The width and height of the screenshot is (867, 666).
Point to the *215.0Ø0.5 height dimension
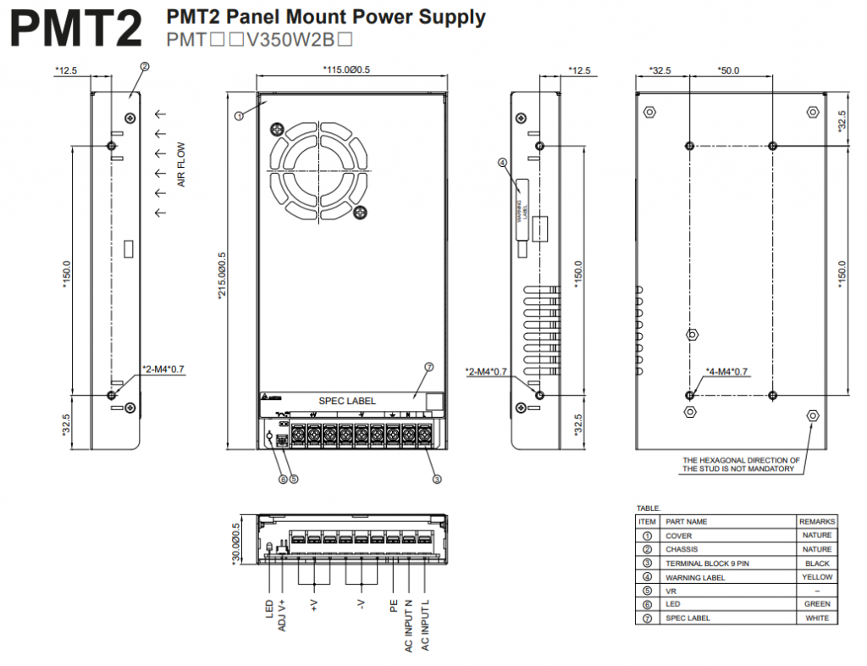pyautogui.click(x=222, y=276)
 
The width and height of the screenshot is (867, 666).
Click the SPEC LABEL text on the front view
pyautogui.click(x=347, y=401)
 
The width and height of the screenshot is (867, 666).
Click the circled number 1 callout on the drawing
pyautogui.click(x=240, y=115)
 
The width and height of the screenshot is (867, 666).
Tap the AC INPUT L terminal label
pyautogui.click(x=425, y=626)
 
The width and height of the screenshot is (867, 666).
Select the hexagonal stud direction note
pyautogui.click(x=740, y=464)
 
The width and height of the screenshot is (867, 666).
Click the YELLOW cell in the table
pyautogui.click(x=817, y=577)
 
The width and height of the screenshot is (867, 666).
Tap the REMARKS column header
pyautogui.click(x=817, y=521)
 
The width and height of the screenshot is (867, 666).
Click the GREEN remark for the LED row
pyautogui.click(x=817, y=604)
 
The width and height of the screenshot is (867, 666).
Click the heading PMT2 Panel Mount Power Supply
pyautogui.click(x=326, y=17)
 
